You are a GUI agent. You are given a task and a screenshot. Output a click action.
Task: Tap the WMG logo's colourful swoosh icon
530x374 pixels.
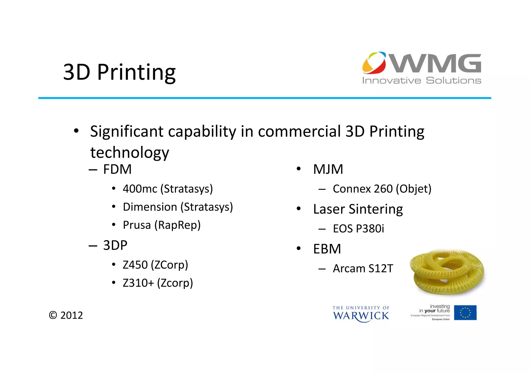coord(374,63)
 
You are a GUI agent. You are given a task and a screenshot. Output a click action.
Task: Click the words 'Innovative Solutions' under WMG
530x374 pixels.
coord(422,81)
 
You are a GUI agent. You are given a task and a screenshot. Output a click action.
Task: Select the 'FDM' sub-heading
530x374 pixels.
coord(117,170)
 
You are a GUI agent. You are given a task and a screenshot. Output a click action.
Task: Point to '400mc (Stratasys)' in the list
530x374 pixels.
coord(168,189)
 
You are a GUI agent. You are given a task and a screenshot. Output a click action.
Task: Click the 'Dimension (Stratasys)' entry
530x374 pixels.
coord(178,207)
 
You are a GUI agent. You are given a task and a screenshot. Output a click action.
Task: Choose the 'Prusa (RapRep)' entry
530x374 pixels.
coord(162,225)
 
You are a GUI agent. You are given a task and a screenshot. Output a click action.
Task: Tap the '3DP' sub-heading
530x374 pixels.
coord(115,245)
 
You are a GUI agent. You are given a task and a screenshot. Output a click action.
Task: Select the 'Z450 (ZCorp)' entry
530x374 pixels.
coord(155,265)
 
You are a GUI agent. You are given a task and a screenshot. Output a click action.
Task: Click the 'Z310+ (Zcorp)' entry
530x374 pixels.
coord(158,283)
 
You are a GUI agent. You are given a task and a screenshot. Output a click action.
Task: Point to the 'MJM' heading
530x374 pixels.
coord(328,170)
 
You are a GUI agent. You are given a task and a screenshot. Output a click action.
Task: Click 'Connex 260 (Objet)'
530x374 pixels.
coord(382,189)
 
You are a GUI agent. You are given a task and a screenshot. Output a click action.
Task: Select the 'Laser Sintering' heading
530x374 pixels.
coord(358,209)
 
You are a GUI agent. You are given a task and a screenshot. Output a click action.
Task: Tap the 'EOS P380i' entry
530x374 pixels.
coord(358,229)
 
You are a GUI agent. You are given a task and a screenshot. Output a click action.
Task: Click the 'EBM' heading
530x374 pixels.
coord(327,249)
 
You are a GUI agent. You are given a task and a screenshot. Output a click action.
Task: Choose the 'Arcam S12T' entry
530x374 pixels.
coord(363,269)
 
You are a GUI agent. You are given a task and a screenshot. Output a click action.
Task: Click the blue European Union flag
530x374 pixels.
coord(465,313)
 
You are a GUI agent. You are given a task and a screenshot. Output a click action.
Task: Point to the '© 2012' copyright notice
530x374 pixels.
coord(66,316)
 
